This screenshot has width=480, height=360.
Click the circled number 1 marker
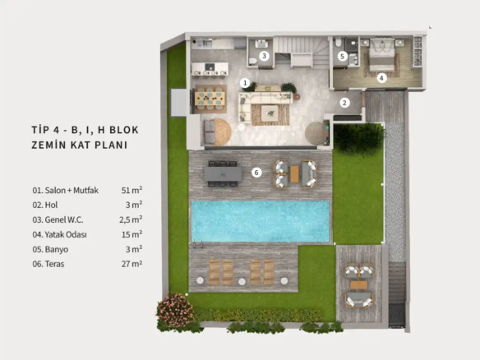(x=245, y=83)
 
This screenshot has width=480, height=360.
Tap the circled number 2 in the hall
(x=344, y=103)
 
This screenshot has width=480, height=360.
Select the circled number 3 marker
(x=264, y=56)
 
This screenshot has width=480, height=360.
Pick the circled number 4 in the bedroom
(x=381, y=78)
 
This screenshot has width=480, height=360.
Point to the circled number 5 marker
(x=342, y=56)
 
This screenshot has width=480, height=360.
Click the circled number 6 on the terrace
(x=256, y=173)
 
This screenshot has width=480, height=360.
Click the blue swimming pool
(x=261, y=221)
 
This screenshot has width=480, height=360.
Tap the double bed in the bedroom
(x=382, y=54)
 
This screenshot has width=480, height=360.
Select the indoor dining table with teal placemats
(x=210, y=99)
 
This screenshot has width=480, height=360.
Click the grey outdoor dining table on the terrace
(x=223, y=174)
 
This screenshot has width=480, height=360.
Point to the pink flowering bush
(x=175, y=310)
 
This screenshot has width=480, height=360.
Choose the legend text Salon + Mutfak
(x=72, y=191)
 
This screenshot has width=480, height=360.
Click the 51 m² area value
(x=132, y=190)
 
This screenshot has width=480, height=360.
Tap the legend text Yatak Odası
(x=66, y=235)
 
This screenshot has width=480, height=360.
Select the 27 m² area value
(x=132, y=264)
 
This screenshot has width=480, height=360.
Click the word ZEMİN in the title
(x=48, y=145)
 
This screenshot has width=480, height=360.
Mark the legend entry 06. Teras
(x=48, y=264)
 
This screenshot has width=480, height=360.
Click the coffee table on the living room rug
(x=270, y=113)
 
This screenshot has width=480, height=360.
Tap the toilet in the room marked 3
(x=253, y=61)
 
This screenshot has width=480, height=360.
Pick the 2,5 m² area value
(x=131, y=219)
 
